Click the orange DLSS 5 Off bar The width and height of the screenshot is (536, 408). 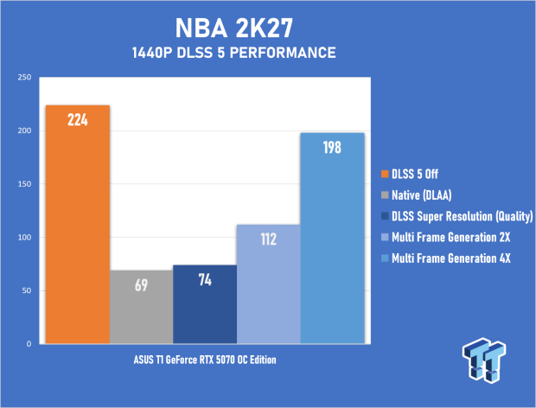[78, 225]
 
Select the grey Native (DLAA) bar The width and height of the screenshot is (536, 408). [141, 307]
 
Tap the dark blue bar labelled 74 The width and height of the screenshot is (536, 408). [205, 304]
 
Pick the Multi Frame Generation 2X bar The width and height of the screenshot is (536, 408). [268, 284]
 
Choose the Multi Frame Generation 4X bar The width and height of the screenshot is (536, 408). [332, 239]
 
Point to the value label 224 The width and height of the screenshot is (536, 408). [78, 120]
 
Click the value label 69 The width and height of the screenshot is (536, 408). [141, 285]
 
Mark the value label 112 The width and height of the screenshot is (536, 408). [268, 239]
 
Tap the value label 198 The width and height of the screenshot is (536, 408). [332, 148]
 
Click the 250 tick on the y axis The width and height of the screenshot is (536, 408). [24, 77]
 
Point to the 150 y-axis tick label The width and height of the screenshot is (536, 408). [24, 184]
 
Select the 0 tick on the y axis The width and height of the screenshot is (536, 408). [29, 344]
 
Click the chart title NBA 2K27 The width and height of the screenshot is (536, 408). [234, 28]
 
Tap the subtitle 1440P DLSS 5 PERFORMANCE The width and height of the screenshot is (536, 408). [234, 53]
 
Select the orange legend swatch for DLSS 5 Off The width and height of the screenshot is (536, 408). [385, 174]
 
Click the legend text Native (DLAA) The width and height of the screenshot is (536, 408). [422, 195]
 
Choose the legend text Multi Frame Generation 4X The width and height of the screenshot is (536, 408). [451, 258]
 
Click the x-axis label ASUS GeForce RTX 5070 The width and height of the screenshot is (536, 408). [205, 360]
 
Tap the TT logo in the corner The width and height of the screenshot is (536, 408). [484, 360]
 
